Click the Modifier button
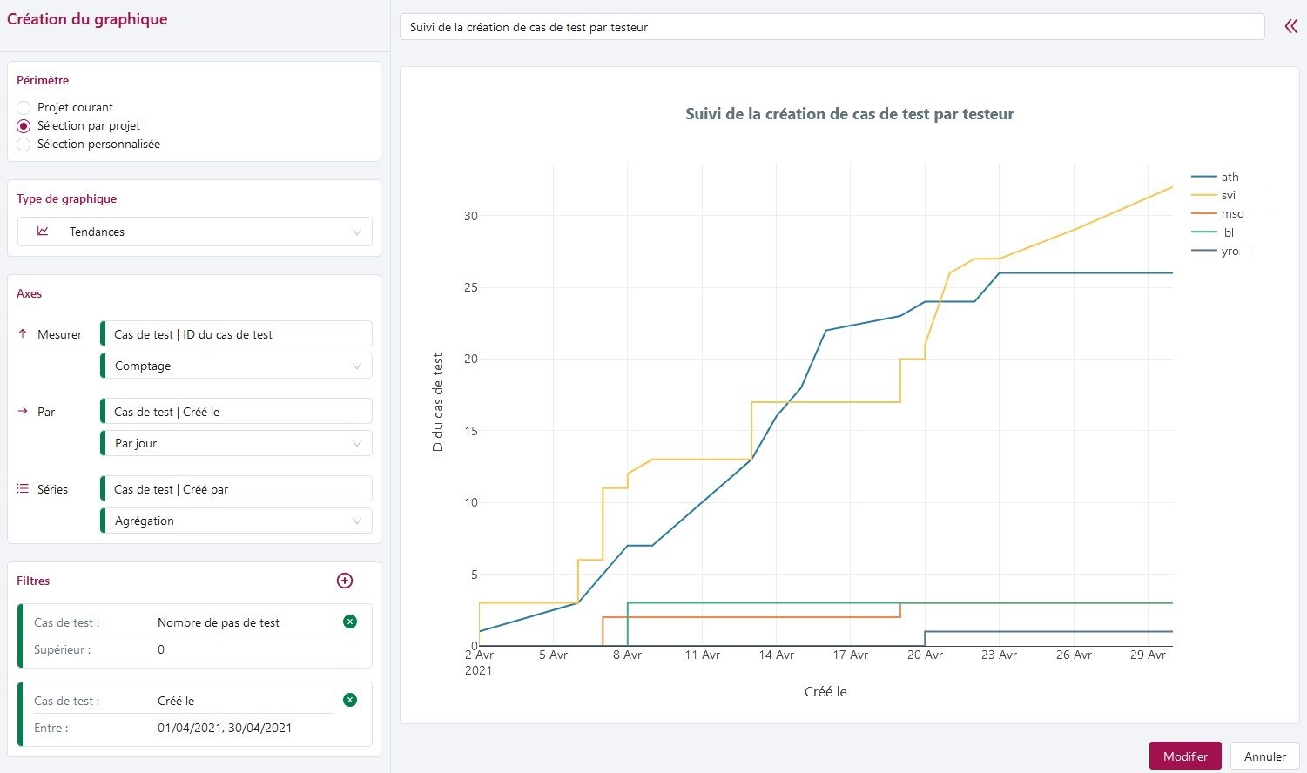click(x=1184, y=756)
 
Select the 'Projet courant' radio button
click(x=24, y=108)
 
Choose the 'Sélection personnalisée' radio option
click(x=24, y=145)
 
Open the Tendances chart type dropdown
click(x=195, y=232)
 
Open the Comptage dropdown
click(x=237, y=366)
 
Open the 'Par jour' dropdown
click(x=237, y=444)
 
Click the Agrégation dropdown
click(x=237, y=521)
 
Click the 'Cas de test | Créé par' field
click(x=237, y=489)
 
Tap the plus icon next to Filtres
click(x=345, y=581)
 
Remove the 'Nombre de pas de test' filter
click(x=350, y=622)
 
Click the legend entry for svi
click(x=1228, y=196)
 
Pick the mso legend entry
click(x=1232, y=214)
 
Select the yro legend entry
click(x=1230, y=252)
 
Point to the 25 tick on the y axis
click(x=470, y=287)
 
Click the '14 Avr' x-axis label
click(x=777, y=655)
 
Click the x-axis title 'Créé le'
click(x=825, y=692)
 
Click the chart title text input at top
click(x=832, y=27)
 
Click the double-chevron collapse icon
click(x=1290, y=27)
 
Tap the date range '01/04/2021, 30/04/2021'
click(x=225, y=729)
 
